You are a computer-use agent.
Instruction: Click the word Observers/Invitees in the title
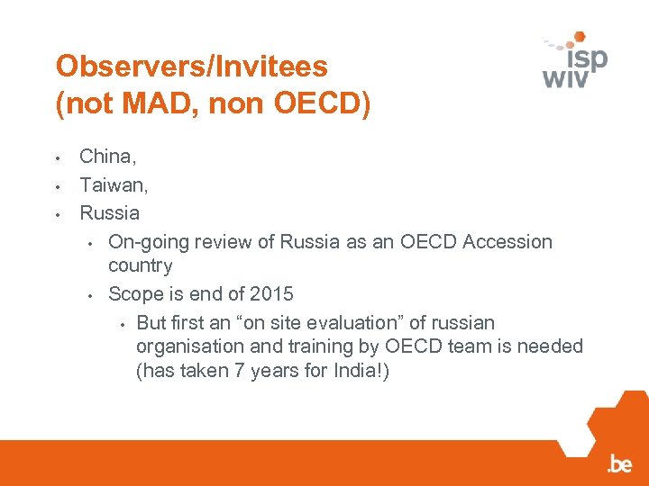click(191, 66)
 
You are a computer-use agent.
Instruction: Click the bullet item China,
click(108, 157)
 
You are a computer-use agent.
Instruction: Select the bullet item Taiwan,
click(114, 184)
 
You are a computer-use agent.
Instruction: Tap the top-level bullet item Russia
click(110, 213)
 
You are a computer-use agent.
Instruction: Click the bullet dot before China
click(57, 158)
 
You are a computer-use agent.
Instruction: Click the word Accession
click(512, 242)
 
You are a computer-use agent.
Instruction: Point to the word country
click(140, 265)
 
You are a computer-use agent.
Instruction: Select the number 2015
click(271, 294)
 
